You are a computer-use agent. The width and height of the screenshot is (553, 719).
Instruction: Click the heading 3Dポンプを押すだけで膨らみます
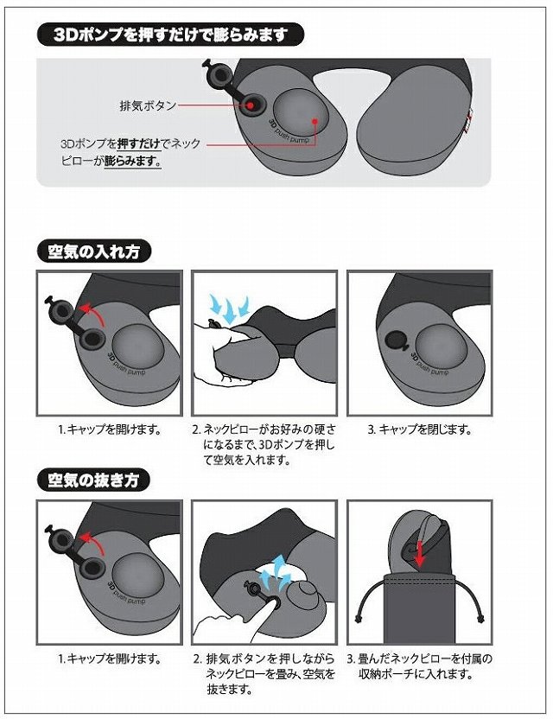[x=170, y=35]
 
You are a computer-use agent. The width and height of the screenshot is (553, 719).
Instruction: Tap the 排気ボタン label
[x=148, y=105]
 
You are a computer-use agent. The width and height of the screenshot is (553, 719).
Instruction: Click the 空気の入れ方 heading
[x=93, y=251]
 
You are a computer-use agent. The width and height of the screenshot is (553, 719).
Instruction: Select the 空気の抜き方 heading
[x=93, y=480]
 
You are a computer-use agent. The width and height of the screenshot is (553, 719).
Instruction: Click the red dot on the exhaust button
[x=251, y=105]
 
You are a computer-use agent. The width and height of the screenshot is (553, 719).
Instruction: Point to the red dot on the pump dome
[x=315, y=122]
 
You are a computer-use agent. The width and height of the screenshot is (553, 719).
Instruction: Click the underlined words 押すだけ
[x=139, y=143]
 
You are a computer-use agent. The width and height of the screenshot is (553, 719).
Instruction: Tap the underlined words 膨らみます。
[x=133, y=162]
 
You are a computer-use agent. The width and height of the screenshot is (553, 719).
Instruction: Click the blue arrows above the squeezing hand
[x=228, y=308]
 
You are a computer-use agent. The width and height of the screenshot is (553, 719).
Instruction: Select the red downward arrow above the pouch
[x=419, y=555]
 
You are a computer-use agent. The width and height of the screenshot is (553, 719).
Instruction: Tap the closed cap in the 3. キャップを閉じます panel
[x=395, y=341]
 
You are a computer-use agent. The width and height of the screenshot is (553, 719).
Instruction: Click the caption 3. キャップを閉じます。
[x=420, y=429]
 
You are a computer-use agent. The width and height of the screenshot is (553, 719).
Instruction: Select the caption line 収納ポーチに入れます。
[x=416, y=674]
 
